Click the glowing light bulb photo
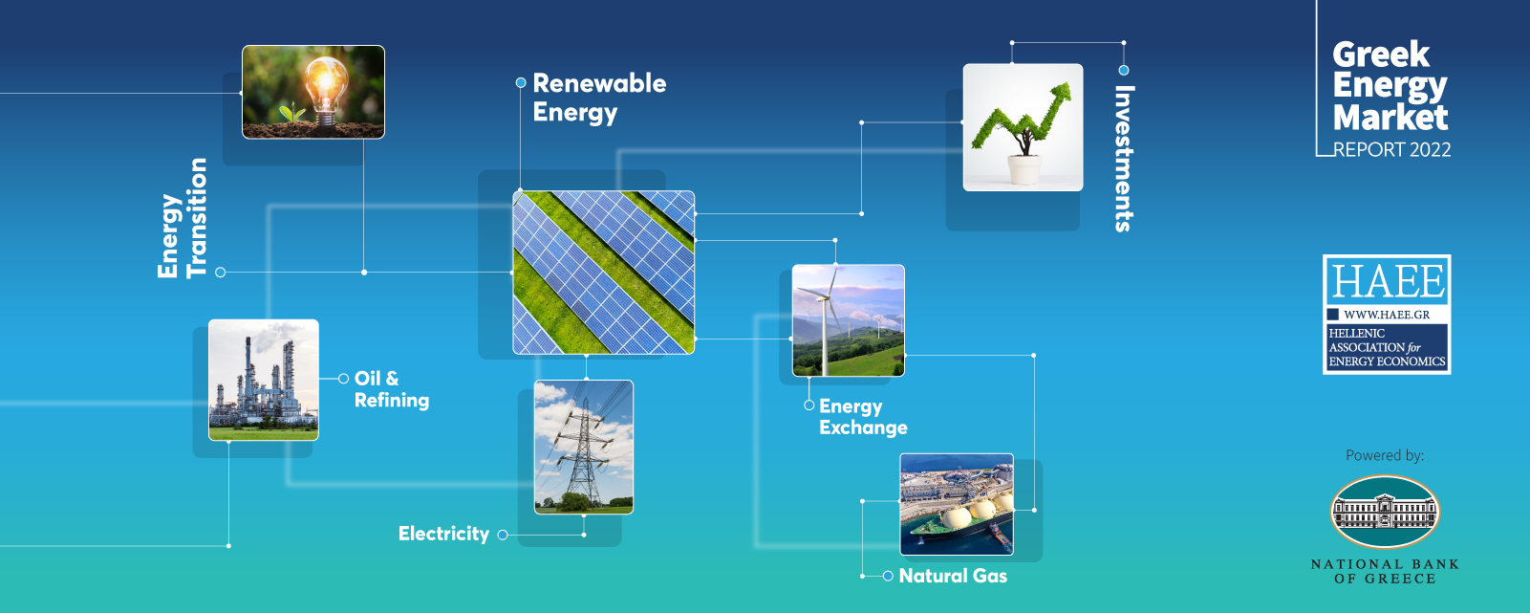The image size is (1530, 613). (313, 92)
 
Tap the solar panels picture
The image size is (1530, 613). (604, 273)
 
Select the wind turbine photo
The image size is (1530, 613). (849, 320)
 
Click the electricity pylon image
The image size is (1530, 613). (584, 447)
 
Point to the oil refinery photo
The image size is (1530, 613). (264, 380)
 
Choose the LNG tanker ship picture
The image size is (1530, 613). (957, 504)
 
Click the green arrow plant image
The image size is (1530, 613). (1024, 128)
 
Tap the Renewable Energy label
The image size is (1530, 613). (599, 98)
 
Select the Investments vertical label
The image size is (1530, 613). (1124, 159)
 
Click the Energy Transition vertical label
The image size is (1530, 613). (182, 218)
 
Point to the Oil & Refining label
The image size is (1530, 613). (392, 389)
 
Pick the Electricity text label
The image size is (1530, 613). (444, 534)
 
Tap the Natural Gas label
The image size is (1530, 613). (953, 576)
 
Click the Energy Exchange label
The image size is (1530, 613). (863, 417)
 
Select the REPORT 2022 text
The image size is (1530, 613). (1392, 149)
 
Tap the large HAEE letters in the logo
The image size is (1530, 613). (1388, 281)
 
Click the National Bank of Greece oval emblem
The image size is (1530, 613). (1385, 512)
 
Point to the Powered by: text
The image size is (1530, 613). (1385, 456)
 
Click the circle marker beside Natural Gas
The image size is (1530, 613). (888, 576)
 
